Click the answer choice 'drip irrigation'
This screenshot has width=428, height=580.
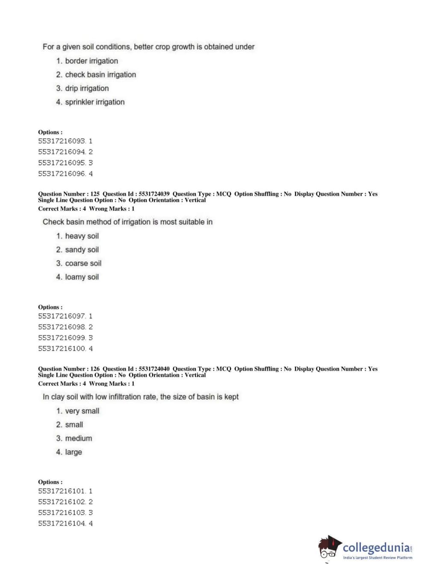tap(87, 88)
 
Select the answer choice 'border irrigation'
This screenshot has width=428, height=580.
tap(92, 61)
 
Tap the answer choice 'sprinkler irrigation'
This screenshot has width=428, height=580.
tap(94, 102)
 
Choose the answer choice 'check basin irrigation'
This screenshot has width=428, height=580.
tap(100, 74)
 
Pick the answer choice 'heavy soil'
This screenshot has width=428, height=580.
tap(82, 236)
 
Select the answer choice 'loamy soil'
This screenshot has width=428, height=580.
tap(82, 277)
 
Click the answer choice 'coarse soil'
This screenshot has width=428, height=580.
tap(83, 263)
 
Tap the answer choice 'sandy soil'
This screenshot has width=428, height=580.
tap(82, 249)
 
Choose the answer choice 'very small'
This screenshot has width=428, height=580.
tap(82, 411)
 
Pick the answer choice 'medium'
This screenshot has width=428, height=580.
tap(78, 438)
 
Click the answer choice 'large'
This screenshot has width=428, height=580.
tap(73, 452)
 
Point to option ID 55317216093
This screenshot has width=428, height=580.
tap(62, 141)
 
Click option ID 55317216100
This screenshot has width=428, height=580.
tap(62, 348)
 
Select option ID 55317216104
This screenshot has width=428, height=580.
tap(62, 523)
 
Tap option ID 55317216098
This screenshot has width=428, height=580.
tap(62, 327)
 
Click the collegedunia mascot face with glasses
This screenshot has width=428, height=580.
tap(328, 549)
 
